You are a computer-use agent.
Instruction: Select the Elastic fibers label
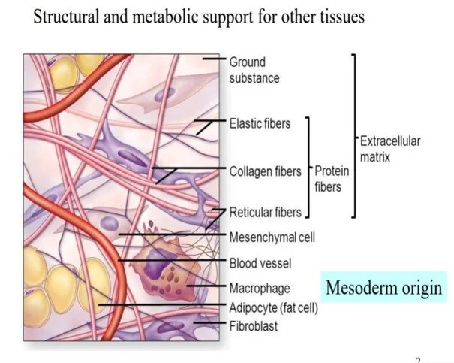pos(260,123)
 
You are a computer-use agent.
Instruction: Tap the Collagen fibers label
pos(265,171)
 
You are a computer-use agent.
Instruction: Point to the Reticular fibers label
pos(265,213)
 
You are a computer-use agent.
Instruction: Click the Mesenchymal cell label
pos(272,237)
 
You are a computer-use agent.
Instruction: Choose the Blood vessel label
pos(260,263)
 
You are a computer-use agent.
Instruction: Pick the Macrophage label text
pos(259,288)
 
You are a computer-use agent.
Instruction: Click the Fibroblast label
pos(254,326)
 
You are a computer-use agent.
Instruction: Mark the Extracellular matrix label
pos(390,149)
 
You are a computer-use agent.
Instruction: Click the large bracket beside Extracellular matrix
pos(353,135)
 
